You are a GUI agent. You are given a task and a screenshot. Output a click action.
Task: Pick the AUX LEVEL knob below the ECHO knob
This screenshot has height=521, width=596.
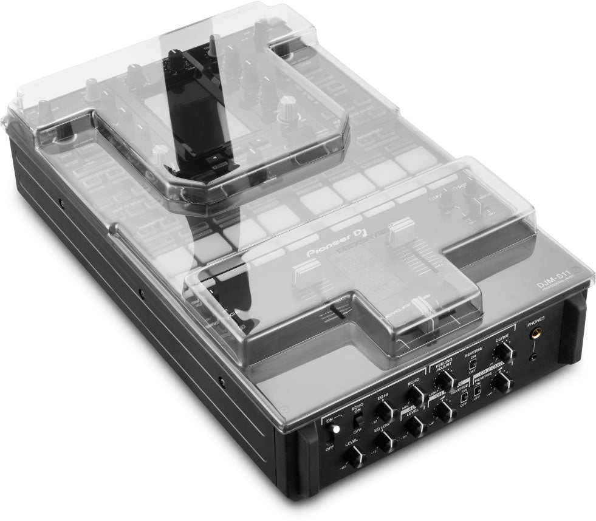417,427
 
